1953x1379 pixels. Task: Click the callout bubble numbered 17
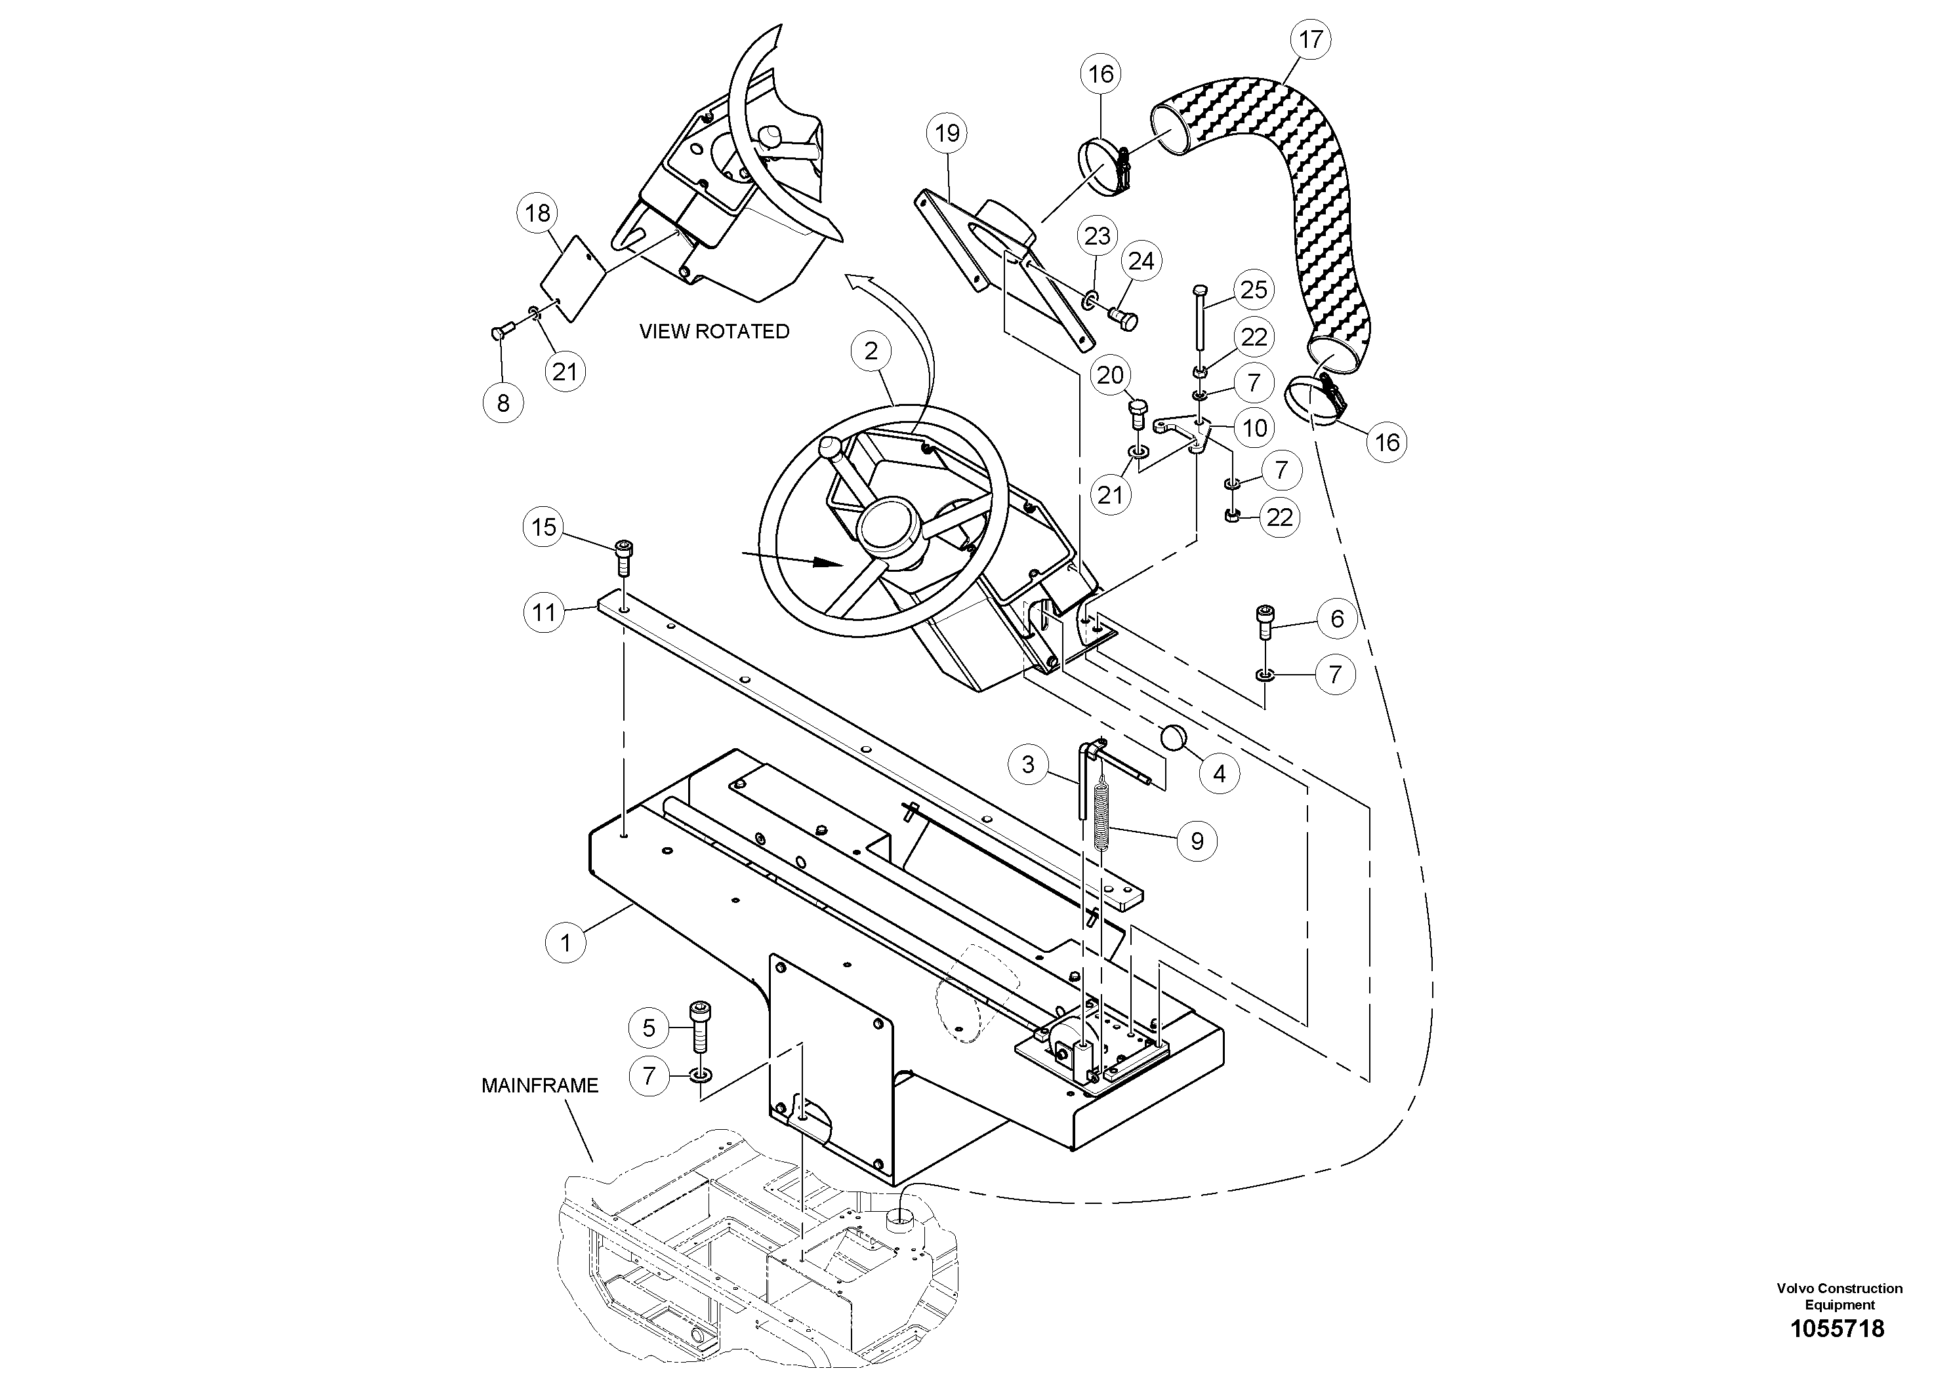[1311, 40]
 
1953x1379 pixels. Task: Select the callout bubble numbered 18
[537, 212]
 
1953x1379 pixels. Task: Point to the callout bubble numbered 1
[565, 942]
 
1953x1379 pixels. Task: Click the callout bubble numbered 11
[544, 612]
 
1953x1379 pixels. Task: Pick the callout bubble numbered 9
[1197, 841]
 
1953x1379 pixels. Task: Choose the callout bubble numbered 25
[1254, 290]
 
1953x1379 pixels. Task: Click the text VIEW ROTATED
[714, 332]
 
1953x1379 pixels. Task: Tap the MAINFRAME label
[540, 1086]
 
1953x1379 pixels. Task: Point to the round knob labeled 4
[1173, 737]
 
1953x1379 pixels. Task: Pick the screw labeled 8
[500, 334]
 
